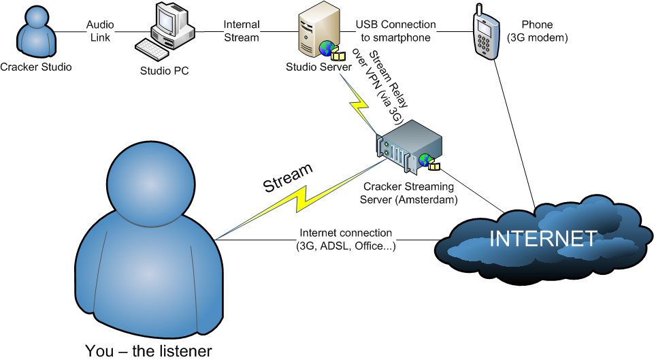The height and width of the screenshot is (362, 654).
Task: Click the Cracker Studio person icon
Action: pos(34,32)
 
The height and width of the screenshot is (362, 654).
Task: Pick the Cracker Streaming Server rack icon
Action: pos(408,146)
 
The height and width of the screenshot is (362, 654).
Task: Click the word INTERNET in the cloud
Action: pos(544,238)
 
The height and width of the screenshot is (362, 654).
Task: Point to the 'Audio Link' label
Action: pos(100,31)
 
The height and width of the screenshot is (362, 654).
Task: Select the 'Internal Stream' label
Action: pos(241,31)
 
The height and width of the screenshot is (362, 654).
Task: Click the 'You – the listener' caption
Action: pos(148,351)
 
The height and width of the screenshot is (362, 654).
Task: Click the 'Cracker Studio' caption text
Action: pos(36,67)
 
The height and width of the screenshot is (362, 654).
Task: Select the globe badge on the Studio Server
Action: pos(327,48)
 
